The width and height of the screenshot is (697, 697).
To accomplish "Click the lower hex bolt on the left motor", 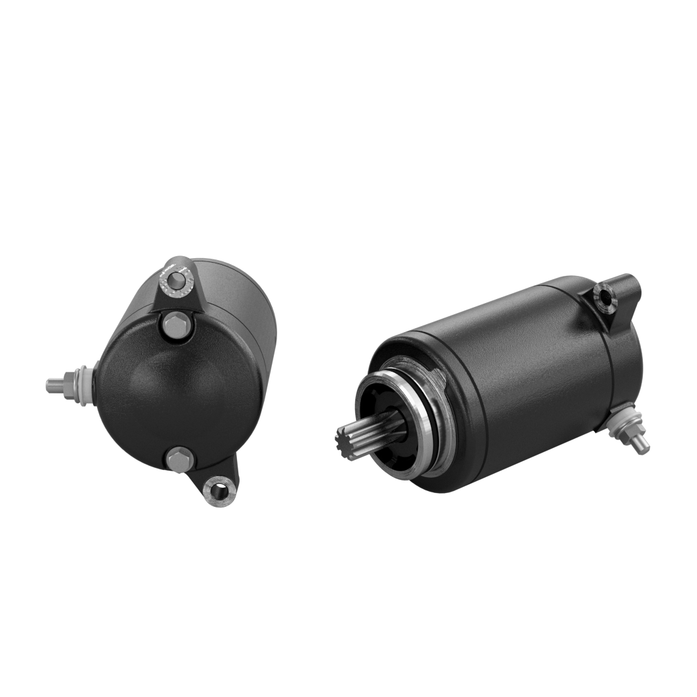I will coord(177,457).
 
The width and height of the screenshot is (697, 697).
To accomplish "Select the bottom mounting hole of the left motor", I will coord(215,489).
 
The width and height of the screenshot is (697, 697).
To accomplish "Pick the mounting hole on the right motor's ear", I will coord(603,298).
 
